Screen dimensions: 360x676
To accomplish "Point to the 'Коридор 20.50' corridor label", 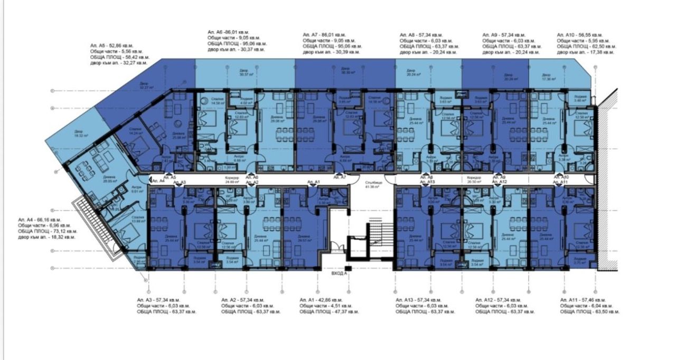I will coord(474,179).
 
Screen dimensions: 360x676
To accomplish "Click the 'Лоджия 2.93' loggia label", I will coord(138,260).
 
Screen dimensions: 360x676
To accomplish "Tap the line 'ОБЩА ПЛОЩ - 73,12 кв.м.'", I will coord(48,231).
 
